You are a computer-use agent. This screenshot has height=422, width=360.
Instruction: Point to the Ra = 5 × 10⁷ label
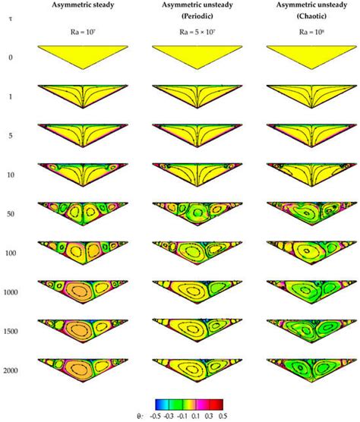tap(198, 33)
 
